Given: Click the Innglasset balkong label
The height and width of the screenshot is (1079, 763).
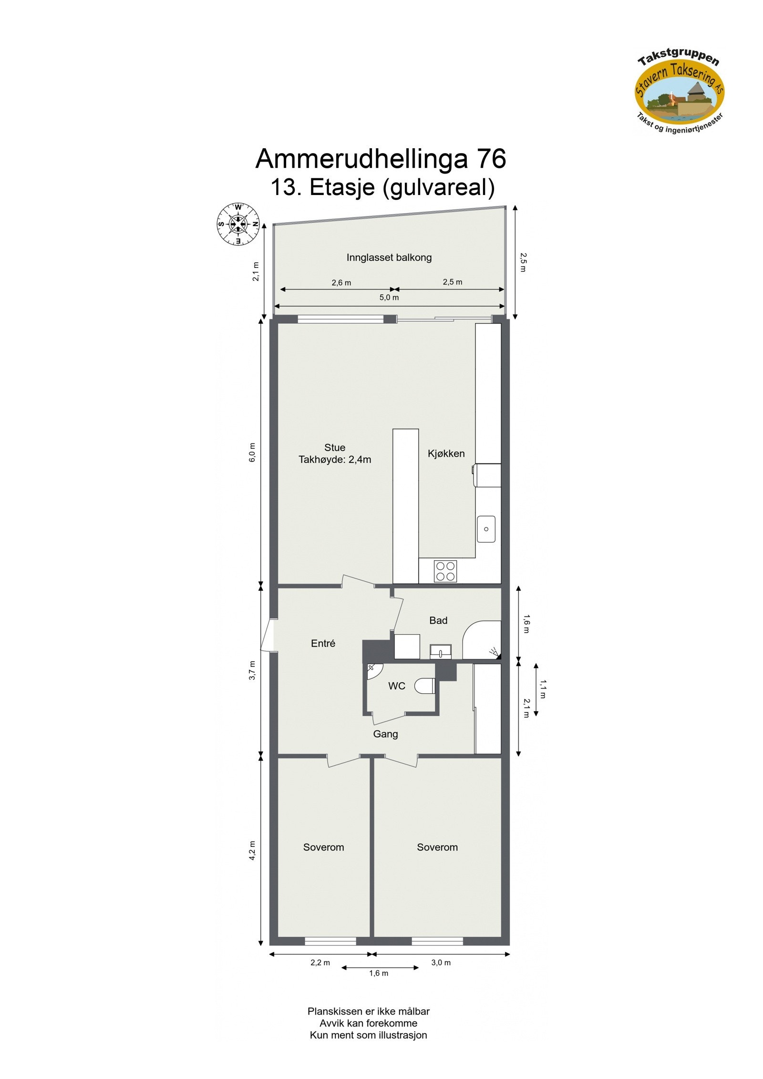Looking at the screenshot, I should point(389,258).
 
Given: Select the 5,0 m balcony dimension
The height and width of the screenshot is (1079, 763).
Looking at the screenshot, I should point(389,298).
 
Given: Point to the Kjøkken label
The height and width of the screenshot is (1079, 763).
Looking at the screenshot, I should point(446,454).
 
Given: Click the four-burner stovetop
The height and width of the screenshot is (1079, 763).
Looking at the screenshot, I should point(445,571).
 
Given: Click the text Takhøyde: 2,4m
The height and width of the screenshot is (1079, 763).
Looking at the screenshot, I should point(335,460).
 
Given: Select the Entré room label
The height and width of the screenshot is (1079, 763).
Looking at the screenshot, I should point(323,644).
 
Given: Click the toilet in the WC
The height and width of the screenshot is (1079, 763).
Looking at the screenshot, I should point(424,686).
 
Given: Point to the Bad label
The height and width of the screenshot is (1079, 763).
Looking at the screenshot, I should point(438,621).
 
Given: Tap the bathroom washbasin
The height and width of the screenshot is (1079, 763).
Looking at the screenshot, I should point(440,651).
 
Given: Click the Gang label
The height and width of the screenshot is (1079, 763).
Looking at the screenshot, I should point(385,734).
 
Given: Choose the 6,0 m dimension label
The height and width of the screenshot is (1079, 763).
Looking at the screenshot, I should point(252,452).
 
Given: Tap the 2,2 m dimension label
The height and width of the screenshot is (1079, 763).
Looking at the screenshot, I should point(320,963).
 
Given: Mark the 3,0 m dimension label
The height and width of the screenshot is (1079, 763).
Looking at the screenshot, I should point(441,963).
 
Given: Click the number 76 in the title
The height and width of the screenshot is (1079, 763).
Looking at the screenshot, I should point(489,159).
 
